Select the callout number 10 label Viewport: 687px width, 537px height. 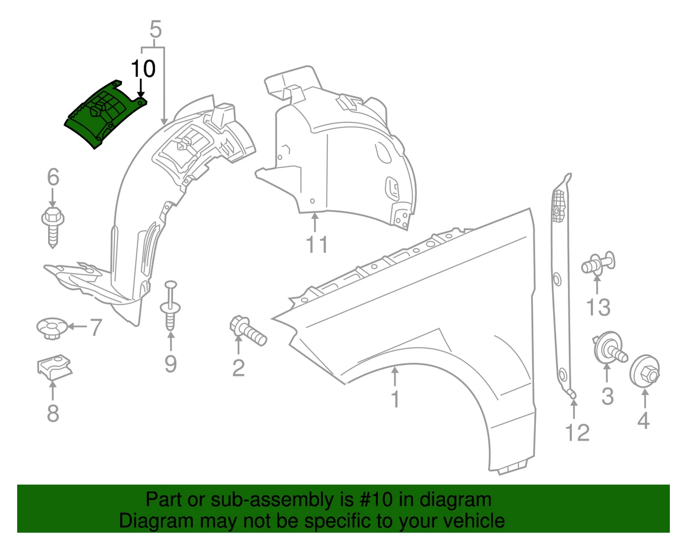(x=143, y=69)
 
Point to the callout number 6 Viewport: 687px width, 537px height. (x=53, y=178)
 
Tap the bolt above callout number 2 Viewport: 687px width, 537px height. (x=247, y=331)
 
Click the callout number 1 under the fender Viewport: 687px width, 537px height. (x=395, y=399)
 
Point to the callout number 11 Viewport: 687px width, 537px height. (x=316, y=244)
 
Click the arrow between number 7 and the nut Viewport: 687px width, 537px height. (x=77, y=327)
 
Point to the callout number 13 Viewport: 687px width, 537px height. (x=598, y=308)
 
